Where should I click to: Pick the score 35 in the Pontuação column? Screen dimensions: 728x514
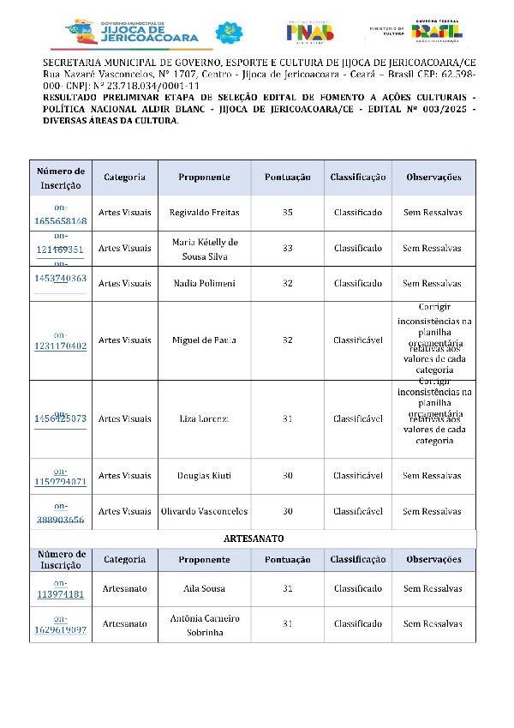coord(288,212)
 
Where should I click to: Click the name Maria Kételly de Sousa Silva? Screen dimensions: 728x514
coord(204,249)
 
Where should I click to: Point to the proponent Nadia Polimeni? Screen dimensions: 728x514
coord(204,283)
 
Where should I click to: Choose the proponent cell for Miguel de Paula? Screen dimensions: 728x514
coord(204,340)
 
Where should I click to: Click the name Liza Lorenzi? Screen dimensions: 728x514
coord(204,419)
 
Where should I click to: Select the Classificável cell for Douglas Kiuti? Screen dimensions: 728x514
coord(357,476)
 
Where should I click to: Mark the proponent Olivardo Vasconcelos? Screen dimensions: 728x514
coord(204,512)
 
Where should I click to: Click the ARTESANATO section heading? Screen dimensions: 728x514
coord(253,538)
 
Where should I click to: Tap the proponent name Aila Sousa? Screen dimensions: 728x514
coord(204,589)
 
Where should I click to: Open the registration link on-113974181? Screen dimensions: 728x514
coord(61,589)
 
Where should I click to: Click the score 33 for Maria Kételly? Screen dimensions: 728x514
coord(288,249)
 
